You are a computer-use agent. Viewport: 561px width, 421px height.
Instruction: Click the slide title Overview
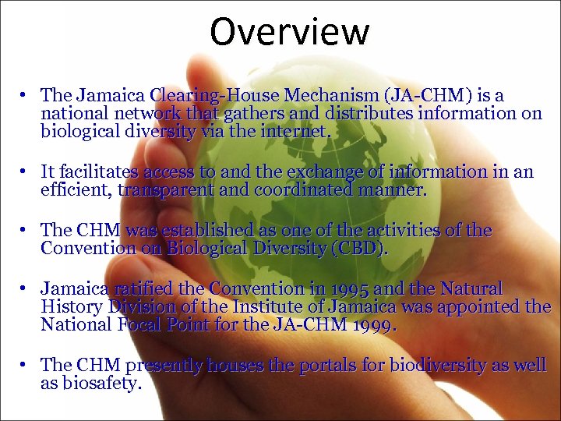[x=289, y=32]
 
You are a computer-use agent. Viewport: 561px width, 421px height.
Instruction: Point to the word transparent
[x=165, y=189]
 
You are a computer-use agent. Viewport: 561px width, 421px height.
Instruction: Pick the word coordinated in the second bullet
[x=311, y=189]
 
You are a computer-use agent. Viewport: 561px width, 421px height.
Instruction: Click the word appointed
[x=476, y=306]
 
